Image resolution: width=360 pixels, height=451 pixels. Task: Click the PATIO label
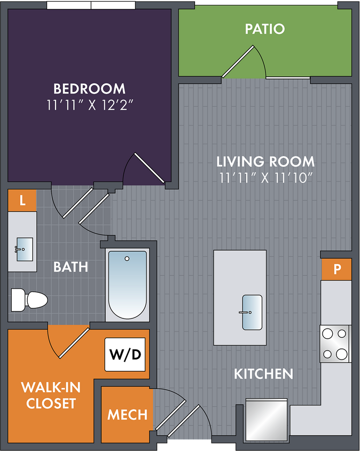265,29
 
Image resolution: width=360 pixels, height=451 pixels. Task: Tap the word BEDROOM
89,89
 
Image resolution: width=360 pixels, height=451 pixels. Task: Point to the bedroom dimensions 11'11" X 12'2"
90,105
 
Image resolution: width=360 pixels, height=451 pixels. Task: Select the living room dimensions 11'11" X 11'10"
265,178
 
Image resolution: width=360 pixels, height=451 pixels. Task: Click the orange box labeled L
22,200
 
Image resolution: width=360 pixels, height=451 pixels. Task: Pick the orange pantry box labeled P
336,269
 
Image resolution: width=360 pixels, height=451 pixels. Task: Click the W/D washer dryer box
125,354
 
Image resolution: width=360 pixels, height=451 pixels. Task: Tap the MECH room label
127,415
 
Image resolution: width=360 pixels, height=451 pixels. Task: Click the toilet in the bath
29,300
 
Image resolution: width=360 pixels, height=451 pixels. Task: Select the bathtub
127,285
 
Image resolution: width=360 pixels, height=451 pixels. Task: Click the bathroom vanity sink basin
25,249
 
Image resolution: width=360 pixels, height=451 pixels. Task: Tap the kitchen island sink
252,312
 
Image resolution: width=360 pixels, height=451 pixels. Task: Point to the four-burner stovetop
335,344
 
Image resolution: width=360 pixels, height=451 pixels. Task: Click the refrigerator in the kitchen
267,420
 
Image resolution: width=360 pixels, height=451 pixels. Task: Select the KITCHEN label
264,374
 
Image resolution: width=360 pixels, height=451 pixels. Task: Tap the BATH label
71,267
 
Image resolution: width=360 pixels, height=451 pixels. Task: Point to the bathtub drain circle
127,259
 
